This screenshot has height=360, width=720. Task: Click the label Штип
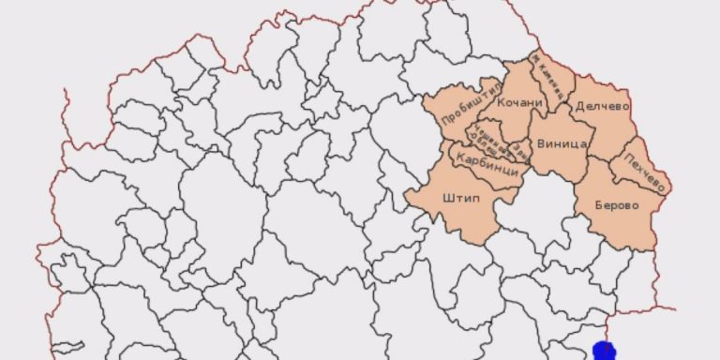[x=458, y=199]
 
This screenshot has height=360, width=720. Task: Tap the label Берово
[x=617, y=205]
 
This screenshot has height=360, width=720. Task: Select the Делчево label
[x=601, y=106]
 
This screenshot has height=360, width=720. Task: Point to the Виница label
[x=562, y=144]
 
